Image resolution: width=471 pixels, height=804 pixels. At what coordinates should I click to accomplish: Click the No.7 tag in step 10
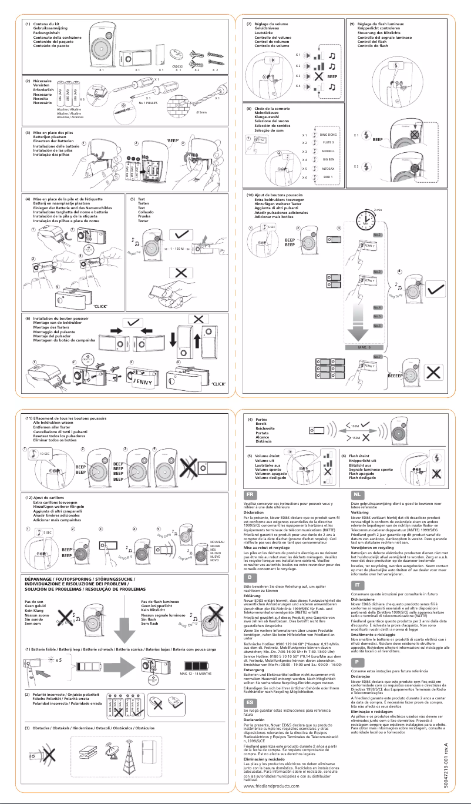(377, 357)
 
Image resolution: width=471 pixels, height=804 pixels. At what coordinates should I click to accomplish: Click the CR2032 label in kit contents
(177, 67)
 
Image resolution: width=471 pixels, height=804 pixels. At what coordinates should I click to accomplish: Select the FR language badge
(250, 496)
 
